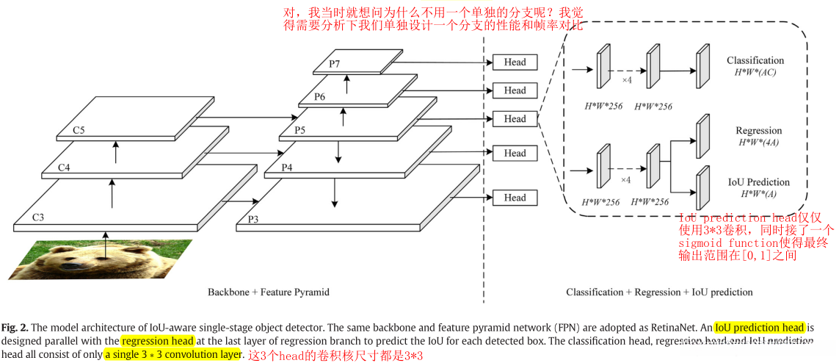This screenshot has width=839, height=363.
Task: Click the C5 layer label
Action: pos(79,130)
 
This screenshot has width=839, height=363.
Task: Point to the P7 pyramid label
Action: pos(334,64)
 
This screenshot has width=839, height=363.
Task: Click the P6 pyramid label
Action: pos(319,97)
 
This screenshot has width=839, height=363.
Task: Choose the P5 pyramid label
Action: pos(299,130)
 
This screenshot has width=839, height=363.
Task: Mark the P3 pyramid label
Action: pos(253,219)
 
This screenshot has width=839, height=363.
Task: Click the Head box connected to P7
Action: pos(515,62)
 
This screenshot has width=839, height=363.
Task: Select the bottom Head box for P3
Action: pos(515,198)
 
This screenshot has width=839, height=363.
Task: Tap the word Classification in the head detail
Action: pos(755,60)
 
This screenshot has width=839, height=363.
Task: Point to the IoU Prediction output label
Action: pos(758,182)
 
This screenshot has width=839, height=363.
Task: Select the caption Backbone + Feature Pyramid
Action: pos(269,292)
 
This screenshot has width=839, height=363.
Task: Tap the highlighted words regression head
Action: pos(157,341)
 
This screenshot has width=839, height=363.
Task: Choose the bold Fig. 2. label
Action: pos(16,327)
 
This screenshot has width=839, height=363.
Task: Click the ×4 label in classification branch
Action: pos(626,79)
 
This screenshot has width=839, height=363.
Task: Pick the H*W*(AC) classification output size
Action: pos(755,72)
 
